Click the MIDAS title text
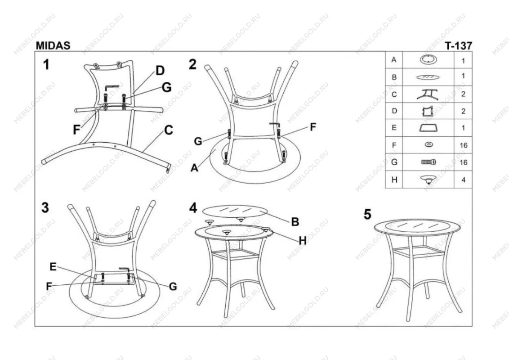[x=53, y=45]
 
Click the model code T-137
[x=458, y=46]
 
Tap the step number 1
[x=46, y=64]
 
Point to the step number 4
[x=193, y=207]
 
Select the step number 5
[x=367, y=215]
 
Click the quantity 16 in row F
[x=463, y=145]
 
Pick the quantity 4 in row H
[x=463, y=180]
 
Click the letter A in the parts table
[x=394, y=60]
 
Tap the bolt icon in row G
[x=429, y=162]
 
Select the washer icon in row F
[x=429, y=144]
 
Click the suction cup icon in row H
[x=428, y=180]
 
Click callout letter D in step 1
[x=160, y=71]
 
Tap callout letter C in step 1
[x=169, y=130]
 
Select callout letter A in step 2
[x=194, y=168]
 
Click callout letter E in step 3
[x=53, y=267]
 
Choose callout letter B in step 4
[x=295, y=221]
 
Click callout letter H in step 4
[x=303, y=241]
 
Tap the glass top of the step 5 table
[x=417, y=227]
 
